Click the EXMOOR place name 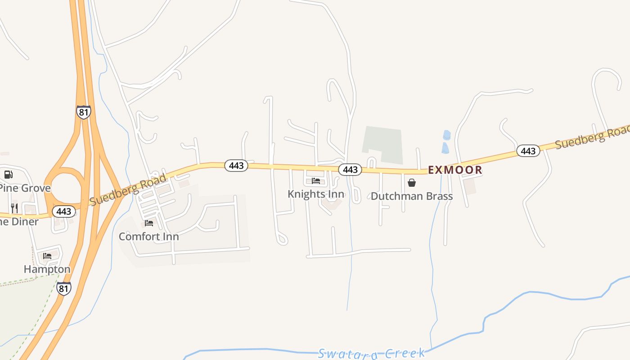455,170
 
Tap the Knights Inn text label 316,194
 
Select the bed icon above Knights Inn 316,181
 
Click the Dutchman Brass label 412,196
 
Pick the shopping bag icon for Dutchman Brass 411,183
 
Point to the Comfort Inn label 148,236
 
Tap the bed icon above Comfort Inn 149,223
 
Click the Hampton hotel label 47,269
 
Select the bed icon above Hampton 47,256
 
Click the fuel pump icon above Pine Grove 8,175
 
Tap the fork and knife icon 14,208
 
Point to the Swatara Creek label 371,353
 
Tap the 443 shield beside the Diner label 64,211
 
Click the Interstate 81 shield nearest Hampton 64,288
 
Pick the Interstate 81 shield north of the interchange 83,112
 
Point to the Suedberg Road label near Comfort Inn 128,189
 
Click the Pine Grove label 25,188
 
